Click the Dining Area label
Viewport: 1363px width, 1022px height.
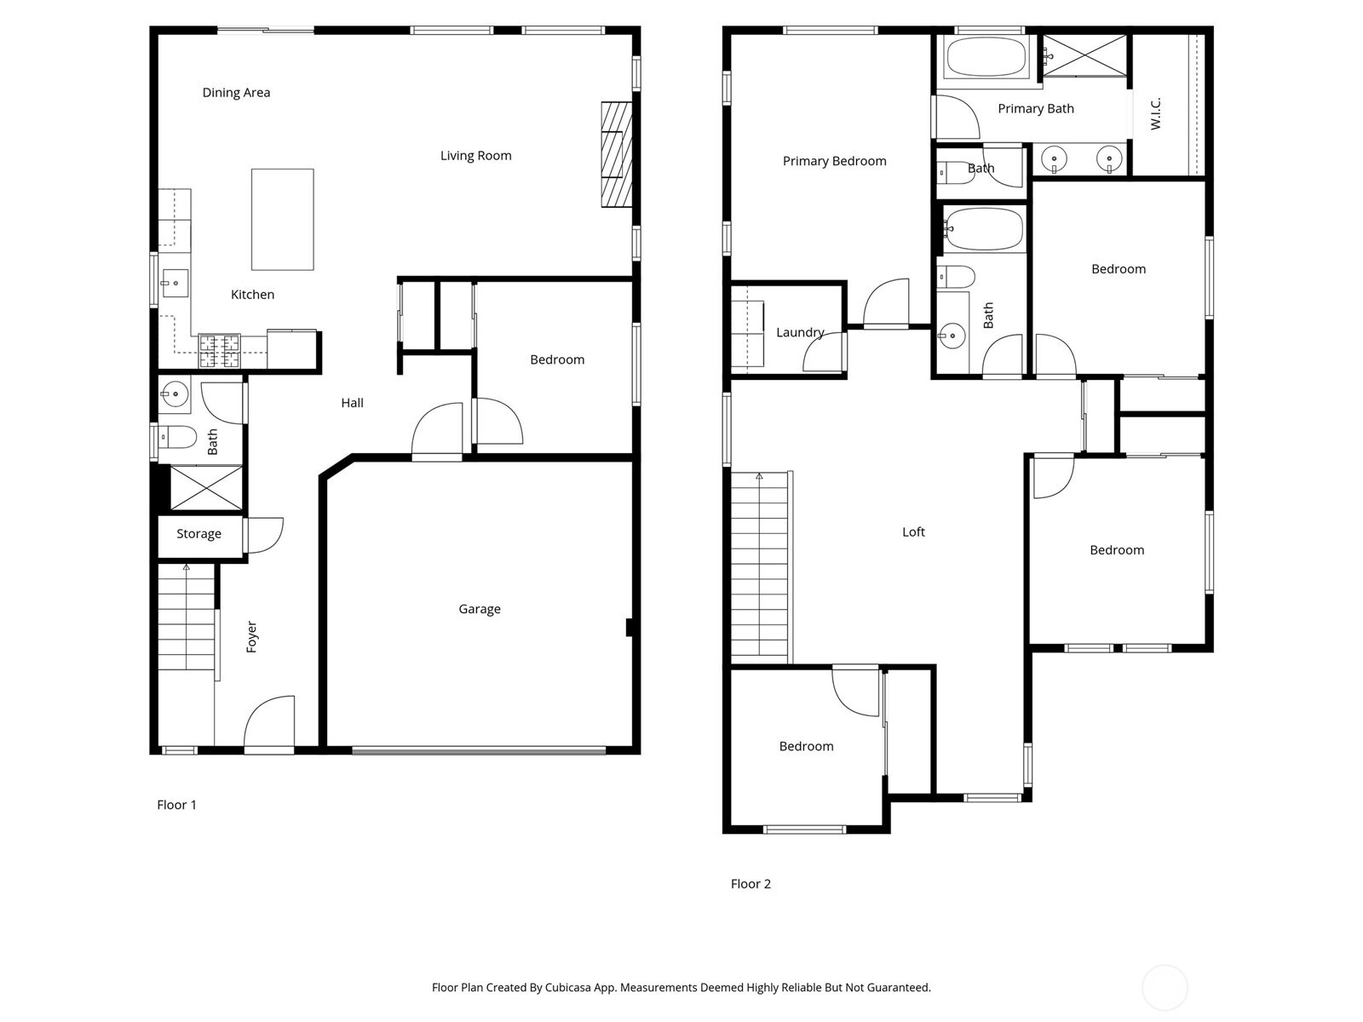[x=236, y=93]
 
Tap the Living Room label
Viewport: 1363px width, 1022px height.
[x=475, y=156]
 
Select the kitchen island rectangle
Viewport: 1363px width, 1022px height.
[x=283, y=219]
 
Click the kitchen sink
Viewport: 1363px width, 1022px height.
[x=175, y=283]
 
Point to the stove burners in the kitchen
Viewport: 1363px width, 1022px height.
[x=219, y=351]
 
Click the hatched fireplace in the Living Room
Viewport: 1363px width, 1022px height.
[x=616, y=154]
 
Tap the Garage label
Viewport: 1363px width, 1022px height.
[x=480, y=609]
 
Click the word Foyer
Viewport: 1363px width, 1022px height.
[x=251, y=637]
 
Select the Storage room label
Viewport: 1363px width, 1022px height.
[x=198, y=534]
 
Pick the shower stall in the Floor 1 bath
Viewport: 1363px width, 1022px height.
[x=206, y=488]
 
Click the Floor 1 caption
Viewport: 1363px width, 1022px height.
[x=176, y=805]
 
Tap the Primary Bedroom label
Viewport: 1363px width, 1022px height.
[x=834, y=161]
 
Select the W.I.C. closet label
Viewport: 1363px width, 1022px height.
[x=1155, y=113]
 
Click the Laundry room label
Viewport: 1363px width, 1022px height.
[x=800, y=333]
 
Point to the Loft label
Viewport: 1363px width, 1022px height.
[x=913, y=531]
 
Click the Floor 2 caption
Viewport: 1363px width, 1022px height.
[x=751, y=884]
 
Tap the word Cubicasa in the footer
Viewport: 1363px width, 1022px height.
[x=567, y=987]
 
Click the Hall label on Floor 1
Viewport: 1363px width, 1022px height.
[x=352, y=403]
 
